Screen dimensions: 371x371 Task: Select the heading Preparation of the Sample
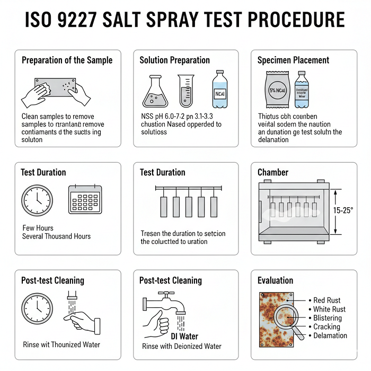coord(67,60)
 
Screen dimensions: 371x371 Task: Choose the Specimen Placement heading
coord(293,60)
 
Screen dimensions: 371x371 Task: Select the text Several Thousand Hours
coord(56,236)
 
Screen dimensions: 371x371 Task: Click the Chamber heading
coord(272,172)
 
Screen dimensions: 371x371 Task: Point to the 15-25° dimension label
coord(344,210)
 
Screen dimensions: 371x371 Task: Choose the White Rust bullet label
coord(329,309)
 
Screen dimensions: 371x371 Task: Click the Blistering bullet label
coord(327,318)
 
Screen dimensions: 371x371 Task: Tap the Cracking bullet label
coord(326,326)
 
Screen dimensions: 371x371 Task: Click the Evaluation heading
coord(275,280)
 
